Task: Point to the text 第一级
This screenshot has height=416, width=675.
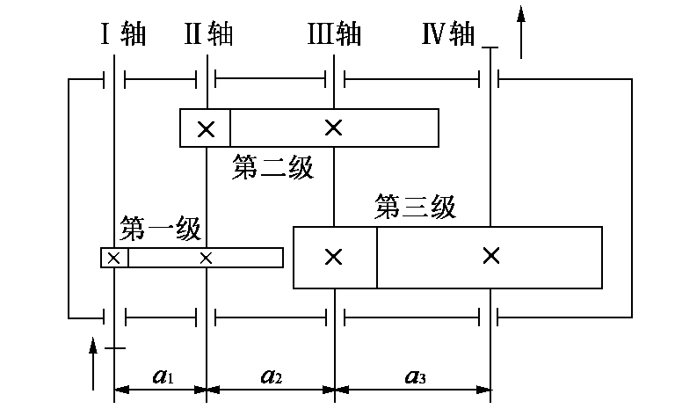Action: tap(161, 229)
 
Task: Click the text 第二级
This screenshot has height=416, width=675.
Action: tap(273, 166)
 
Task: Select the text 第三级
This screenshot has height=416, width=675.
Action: tap(415, 208)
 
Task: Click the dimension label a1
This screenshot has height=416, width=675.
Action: tap(162, 377)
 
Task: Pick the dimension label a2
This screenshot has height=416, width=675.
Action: tap(272, 377)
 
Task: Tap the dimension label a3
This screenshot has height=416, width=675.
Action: tap(416, 377)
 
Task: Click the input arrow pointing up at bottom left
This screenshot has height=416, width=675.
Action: tap(93, 361)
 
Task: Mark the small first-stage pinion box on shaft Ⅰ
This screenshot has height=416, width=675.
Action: tap(115, 258)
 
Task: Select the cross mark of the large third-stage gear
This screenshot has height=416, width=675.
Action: tap(491, 256)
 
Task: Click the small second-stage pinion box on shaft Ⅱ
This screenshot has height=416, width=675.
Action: tap(206, 128)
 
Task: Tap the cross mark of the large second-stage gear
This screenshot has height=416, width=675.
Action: tap(333, 128)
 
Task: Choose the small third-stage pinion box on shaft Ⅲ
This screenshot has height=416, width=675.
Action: tap(335, 257)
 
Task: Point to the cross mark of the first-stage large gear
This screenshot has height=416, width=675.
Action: tap(207, 258)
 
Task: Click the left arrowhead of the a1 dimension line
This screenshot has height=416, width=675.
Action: tap(120, 388)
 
